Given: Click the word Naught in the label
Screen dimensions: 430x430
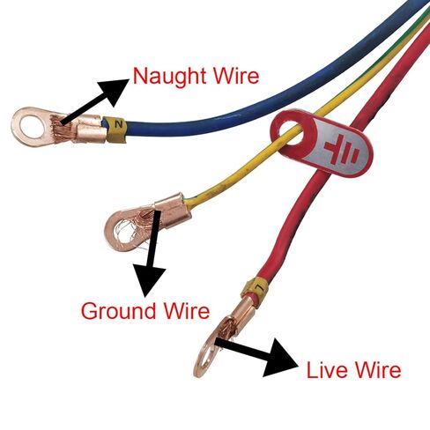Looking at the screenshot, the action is [170, 77].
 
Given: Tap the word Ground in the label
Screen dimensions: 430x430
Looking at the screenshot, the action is [118, 311].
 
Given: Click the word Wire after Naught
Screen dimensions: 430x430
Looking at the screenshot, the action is [236, 76].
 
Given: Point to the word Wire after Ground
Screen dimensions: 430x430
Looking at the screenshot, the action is [187, 310].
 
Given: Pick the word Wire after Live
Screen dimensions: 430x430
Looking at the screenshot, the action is [377, 369].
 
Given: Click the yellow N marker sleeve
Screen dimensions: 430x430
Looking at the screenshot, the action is [116, 129].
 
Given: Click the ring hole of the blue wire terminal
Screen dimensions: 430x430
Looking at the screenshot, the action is [31, 127].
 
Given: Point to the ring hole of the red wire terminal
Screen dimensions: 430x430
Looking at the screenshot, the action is [209, 358].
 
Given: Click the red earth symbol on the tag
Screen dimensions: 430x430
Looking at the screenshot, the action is [342, 149].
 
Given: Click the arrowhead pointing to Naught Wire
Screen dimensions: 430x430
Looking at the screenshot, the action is [114, 91].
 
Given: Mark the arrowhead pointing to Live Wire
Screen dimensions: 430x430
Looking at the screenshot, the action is [279, 358].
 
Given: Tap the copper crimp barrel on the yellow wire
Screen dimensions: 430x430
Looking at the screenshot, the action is [172, 210].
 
